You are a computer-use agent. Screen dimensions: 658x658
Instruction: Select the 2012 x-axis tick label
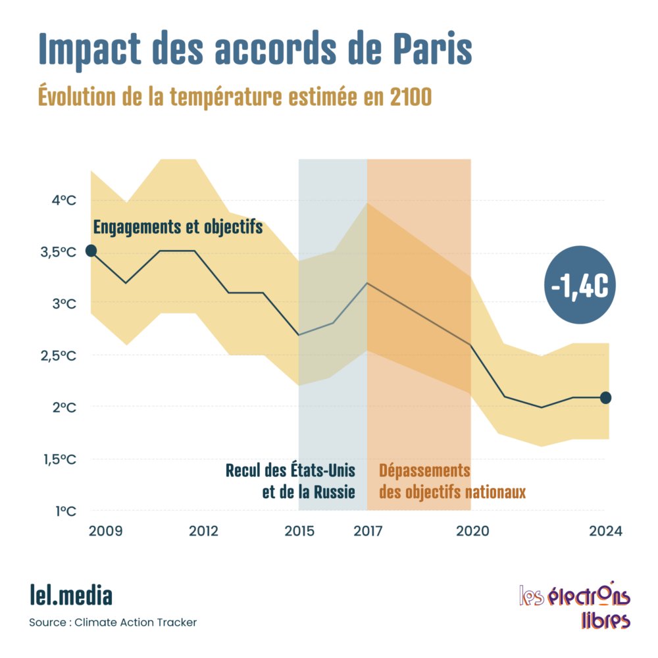click(x=204, y=531)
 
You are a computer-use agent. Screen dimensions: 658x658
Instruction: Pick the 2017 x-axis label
click(x=367, y=531)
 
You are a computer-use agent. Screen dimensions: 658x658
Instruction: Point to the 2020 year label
click(x=471, y=531)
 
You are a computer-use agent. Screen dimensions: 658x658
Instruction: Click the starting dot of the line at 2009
click(x=91, y=250)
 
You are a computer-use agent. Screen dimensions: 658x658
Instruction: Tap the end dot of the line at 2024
click(x=606, y=397)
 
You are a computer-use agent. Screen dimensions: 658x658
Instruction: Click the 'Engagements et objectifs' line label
click(x=178, y=227)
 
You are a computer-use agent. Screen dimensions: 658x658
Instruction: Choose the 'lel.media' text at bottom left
click(x=71, y=595)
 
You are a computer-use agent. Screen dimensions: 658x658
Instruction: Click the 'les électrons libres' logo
click(x=574, y=606)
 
